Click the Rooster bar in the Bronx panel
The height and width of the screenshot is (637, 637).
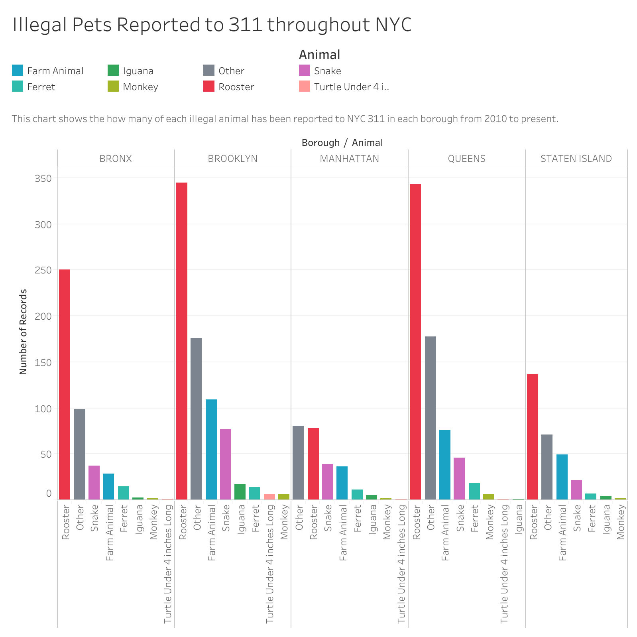[x=65, y=384]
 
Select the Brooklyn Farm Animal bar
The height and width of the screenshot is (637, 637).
[x=211, y=449]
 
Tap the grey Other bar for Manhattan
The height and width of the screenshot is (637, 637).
[x=298, y=462]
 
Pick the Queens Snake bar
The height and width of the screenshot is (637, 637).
[x=459, y=478]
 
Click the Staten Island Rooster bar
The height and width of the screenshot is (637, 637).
[x=533, y=436]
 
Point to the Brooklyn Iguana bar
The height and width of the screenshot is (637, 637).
[x=240, y=492]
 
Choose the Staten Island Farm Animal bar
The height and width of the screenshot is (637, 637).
[x=562, y=477]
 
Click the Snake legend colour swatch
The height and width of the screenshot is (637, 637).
[x=305, y=71]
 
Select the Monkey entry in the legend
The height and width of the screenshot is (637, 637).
[x=140, y=87]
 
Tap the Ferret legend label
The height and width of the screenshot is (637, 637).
[x=41, y=87]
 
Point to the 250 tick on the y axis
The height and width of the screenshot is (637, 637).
[x=43, y=270]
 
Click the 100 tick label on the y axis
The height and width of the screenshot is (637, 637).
[x=43, y=408]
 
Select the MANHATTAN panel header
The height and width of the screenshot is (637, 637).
[x=350, y=159]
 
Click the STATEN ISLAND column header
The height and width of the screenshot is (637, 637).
[x=576, y=159]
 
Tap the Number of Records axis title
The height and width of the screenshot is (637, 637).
[x=23, y=332]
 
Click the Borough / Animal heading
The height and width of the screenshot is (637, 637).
[x=342, y=143]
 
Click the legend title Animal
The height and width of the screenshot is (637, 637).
[x=320, y=55]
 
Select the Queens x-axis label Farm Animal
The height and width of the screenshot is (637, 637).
[x=445, y=533]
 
